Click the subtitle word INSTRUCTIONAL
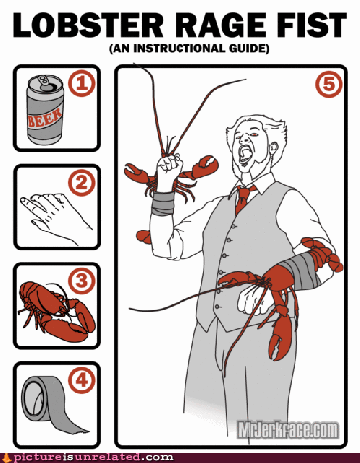[x=180, y=48]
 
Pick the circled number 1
[x=82, y=84]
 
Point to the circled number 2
[x=82, y=183]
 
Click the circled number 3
[x=82, y=281]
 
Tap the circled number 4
[x=82, y=380]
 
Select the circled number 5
[x=328, y=84]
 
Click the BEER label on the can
[x=45, y=118]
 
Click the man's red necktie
[x=244, y=199]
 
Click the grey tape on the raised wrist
[x=163, y=203]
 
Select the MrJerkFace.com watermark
[x=288, y=430]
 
